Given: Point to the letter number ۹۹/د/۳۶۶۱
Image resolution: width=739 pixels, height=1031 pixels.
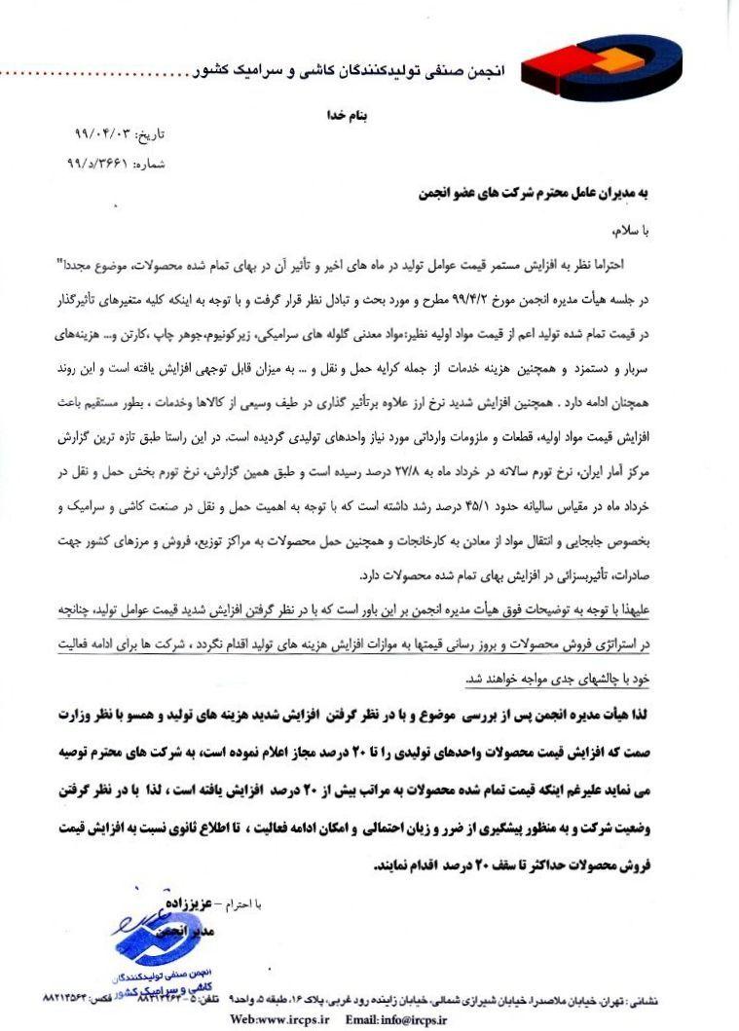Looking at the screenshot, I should click(105, 165).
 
